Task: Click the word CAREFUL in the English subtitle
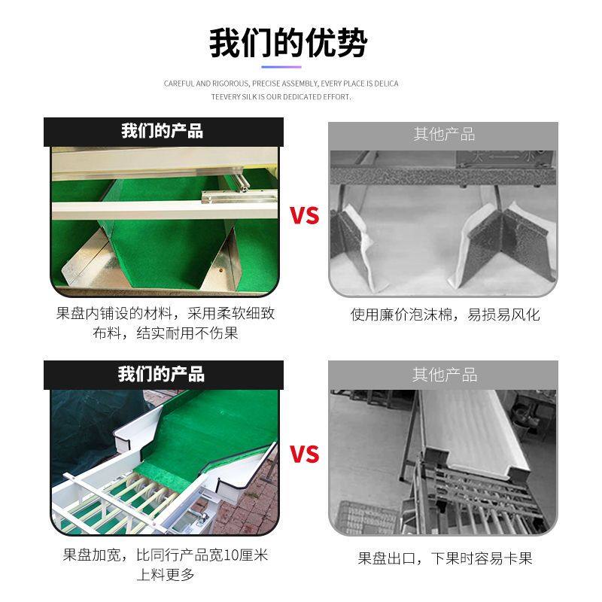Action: [178, 84]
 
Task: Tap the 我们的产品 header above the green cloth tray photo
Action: [163, 131]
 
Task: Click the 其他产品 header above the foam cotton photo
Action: [444, 134]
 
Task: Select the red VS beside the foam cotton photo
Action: [305, 216]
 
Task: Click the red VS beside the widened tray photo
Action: [305, 455]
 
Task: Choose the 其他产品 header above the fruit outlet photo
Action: [444, 375]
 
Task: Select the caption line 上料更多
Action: [166, 575]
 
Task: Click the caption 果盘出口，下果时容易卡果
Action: [445, 558]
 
